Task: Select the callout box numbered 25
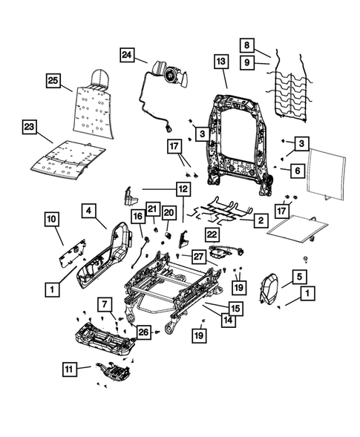coord(52,79)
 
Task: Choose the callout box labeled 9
coord(248,63)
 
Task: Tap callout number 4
coord(88,211)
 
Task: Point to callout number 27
coord(197,256)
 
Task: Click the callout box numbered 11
coord(68,367)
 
